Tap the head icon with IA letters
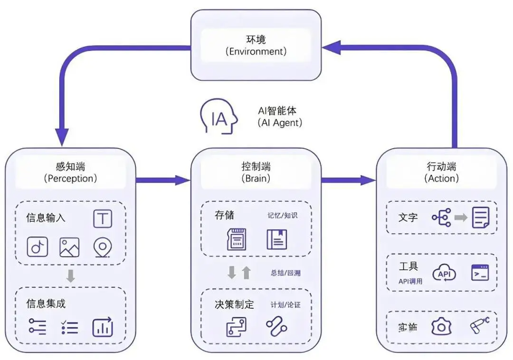coord(218,117)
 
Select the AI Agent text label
coord(280,116)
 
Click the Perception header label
coord(70,172)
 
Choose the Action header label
coord(441,172)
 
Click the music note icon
coord(37,247)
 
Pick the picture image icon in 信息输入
coord(69,247)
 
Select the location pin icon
coord(102,247)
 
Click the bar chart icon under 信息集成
coord(103,327)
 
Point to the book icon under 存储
coord(277,239)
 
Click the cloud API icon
coord(444,274)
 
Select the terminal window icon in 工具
coord(480,273)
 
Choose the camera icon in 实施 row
coord(441,327)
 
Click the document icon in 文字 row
coord(480,218)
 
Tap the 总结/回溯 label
coord(285,273)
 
